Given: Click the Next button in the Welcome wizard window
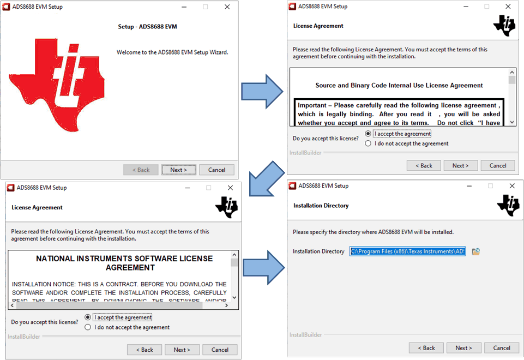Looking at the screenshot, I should point(178,170).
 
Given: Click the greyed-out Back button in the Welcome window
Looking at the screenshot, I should point(141,170).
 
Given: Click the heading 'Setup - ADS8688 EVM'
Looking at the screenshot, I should point(147,27).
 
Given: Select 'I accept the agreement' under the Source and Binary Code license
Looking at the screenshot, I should point(368,134).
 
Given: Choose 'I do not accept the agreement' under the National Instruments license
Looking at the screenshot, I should point(88,327).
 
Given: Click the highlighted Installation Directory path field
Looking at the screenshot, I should point(407,251).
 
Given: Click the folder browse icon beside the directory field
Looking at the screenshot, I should point(475,251).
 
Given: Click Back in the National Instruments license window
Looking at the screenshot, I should point(144,350).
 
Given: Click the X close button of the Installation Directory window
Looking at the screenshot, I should point(512,186).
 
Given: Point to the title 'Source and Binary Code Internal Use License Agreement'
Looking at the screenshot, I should point(399,86).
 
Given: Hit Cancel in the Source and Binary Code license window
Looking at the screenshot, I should point(498,165).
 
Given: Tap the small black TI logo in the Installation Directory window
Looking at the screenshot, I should point(508,206).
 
